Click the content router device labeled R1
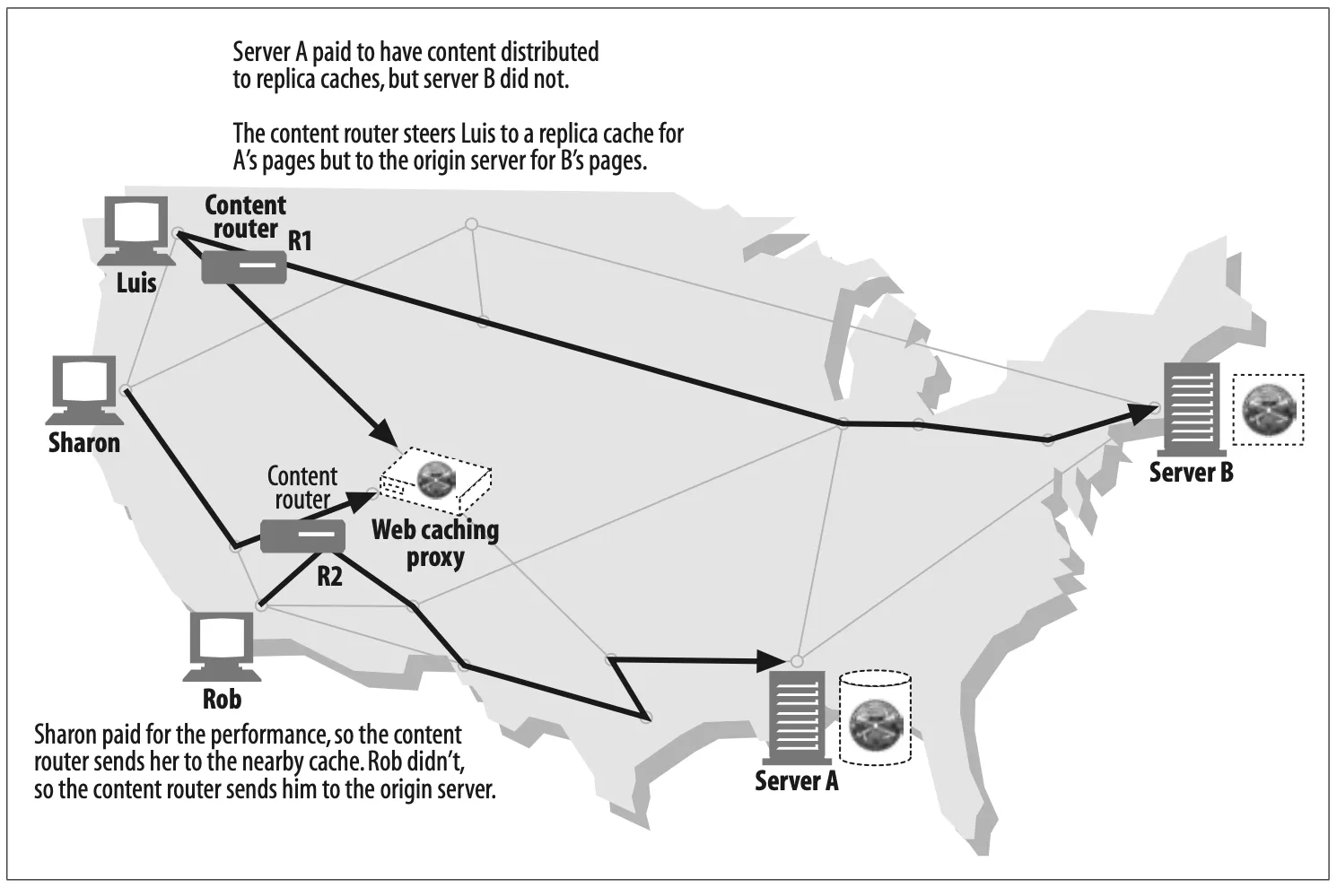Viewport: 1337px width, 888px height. (x=244, y=267)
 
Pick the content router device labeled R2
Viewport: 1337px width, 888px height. (x=303, y=537)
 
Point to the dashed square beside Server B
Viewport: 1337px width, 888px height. (x=1269, y=410)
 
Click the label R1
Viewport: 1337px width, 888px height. (x=300, y=241)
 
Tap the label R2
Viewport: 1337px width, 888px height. (x=330, y=576)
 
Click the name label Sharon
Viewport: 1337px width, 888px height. (x=84, y=443)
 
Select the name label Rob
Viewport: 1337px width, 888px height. (x=222, y=698)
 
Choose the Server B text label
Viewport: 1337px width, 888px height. (x=1192, y=472)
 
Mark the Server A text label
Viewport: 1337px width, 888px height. (x=797, y=780)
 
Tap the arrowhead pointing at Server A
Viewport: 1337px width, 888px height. (x=771, y=661)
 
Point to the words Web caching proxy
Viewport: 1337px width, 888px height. (x=435, y=543)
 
